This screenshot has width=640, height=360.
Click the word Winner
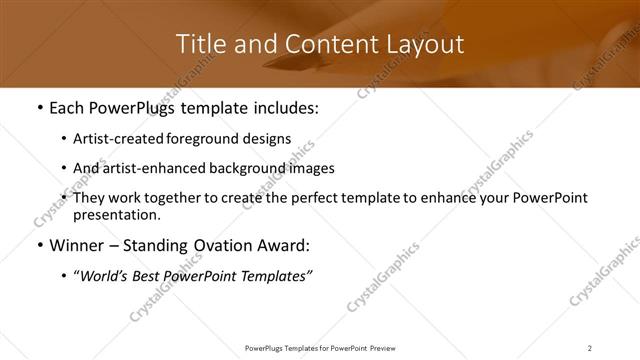tap(75, 245)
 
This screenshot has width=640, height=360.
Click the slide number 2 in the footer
tap(589, 348)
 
